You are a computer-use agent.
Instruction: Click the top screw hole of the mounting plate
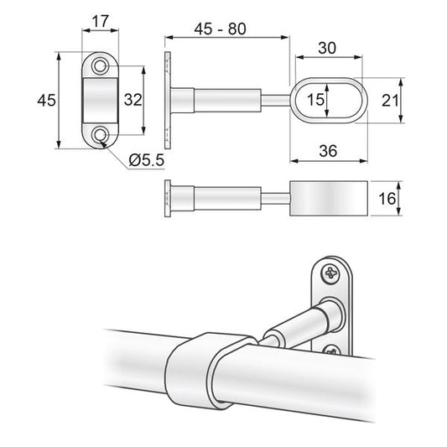pyautogui.click(x=101, y=65)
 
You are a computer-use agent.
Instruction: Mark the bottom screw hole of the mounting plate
pyautogui.click(x=101, y=133)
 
